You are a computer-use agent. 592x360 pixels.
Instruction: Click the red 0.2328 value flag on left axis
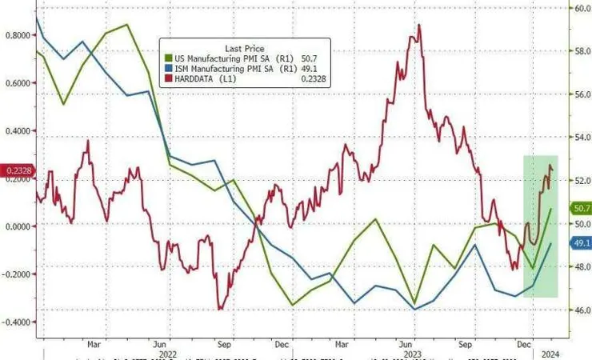(16, 170)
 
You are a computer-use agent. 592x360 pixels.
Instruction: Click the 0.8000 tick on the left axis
(17, 35)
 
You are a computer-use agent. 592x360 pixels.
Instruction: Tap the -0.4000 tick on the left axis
(17, 322)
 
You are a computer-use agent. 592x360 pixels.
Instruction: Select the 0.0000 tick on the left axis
(17, 226)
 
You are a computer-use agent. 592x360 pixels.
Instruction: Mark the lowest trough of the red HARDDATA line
(219, 309)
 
